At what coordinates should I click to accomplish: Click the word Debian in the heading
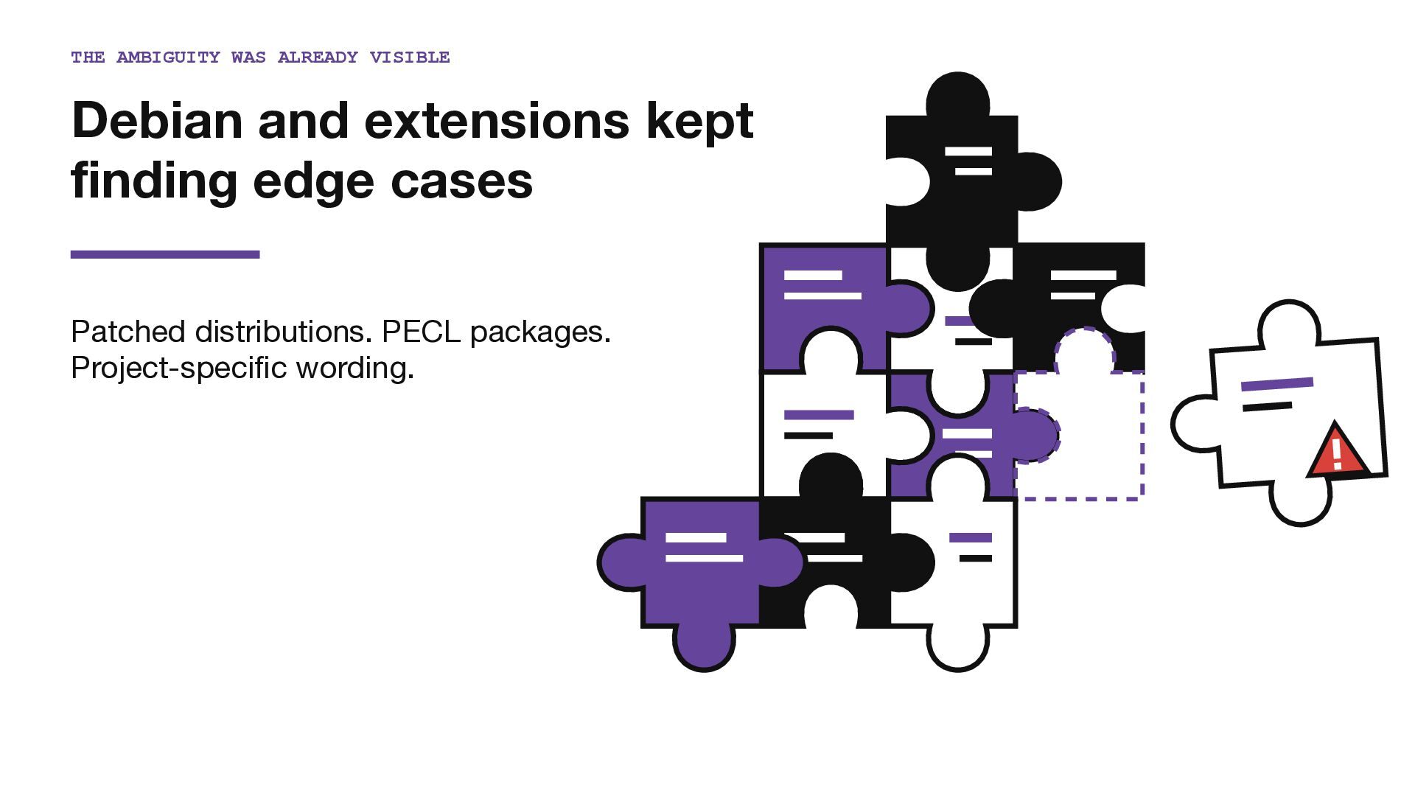point(157,120)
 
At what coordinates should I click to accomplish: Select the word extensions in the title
point(497,121)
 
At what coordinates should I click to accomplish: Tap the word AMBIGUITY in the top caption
point(168,57)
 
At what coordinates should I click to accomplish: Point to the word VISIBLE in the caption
point(410,57)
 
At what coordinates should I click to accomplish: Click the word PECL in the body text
point(422,332)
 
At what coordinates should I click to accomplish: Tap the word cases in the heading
point(461,181)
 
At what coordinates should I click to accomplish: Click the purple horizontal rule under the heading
point(165,254)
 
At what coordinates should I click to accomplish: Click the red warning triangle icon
point(1338,450)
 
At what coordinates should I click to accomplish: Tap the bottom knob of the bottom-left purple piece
point(704,647)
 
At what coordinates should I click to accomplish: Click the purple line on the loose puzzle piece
point(1277,384)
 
